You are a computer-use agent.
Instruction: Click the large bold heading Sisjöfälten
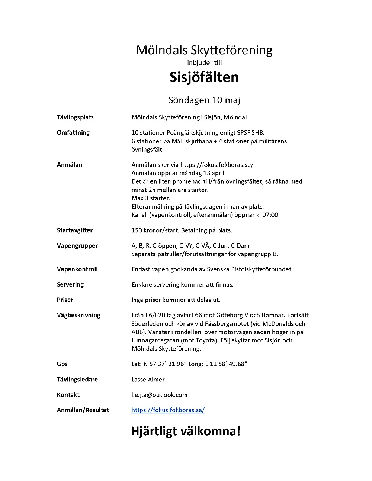(204, 77)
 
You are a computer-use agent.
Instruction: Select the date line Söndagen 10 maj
(204, 100)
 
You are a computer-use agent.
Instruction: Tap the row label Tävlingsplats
(75, 117)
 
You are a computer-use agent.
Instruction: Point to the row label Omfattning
(73, 133)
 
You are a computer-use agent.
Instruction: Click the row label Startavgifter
(75, 230)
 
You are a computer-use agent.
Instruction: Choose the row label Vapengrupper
(77, 246)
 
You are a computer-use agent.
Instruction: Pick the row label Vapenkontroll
(77, 269)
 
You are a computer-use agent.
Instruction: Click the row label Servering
(70, 285)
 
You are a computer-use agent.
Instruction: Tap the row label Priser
(65, 300)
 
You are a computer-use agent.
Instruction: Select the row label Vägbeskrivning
(78, 315)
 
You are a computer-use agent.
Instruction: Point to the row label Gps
(62, 364)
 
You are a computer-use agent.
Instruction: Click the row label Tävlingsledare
(77, 380)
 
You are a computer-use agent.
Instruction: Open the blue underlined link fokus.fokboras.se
(168, 410)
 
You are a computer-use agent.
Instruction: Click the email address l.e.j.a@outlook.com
(160, 395)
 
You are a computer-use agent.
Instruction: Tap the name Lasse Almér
(148, 380)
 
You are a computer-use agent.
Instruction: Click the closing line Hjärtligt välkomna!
(186, 431)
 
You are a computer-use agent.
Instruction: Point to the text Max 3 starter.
(151, 198)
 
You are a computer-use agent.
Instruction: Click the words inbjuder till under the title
(204, 63)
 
